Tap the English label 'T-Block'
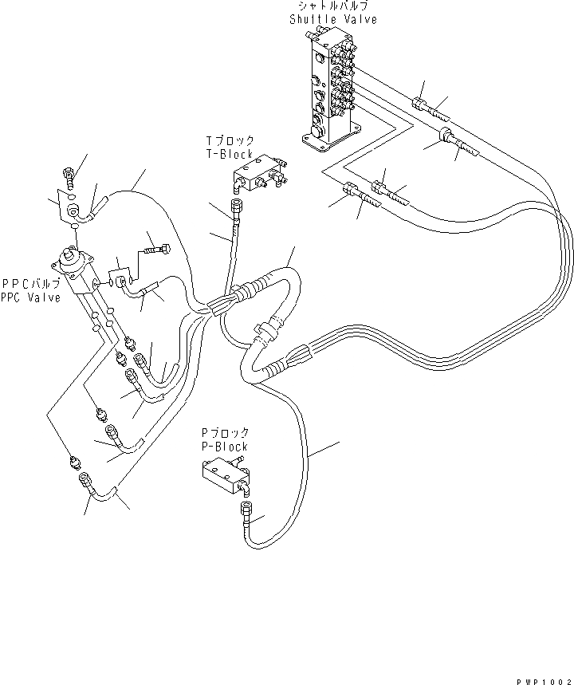228,154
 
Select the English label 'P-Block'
225,447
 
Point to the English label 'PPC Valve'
31,297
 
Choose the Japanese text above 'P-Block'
225,435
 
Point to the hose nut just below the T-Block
234,207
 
